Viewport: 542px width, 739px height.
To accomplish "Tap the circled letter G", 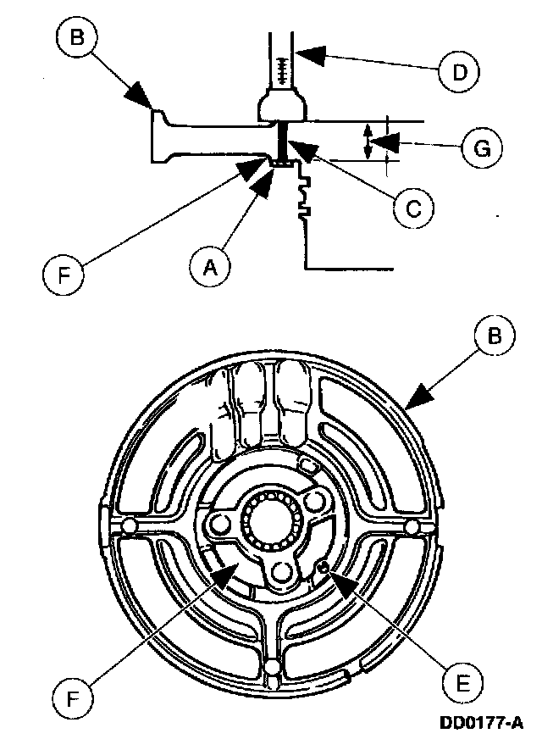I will (x=481, y=148).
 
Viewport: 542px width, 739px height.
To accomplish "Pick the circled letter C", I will (x=412, y=207).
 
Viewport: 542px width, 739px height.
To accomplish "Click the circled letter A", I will (x=209, y=267).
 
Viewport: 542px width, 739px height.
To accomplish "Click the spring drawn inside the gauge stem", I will (x=281, y=64).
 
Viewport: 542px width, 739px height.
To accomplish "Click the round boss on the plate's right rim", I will (x=412, y=526).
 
